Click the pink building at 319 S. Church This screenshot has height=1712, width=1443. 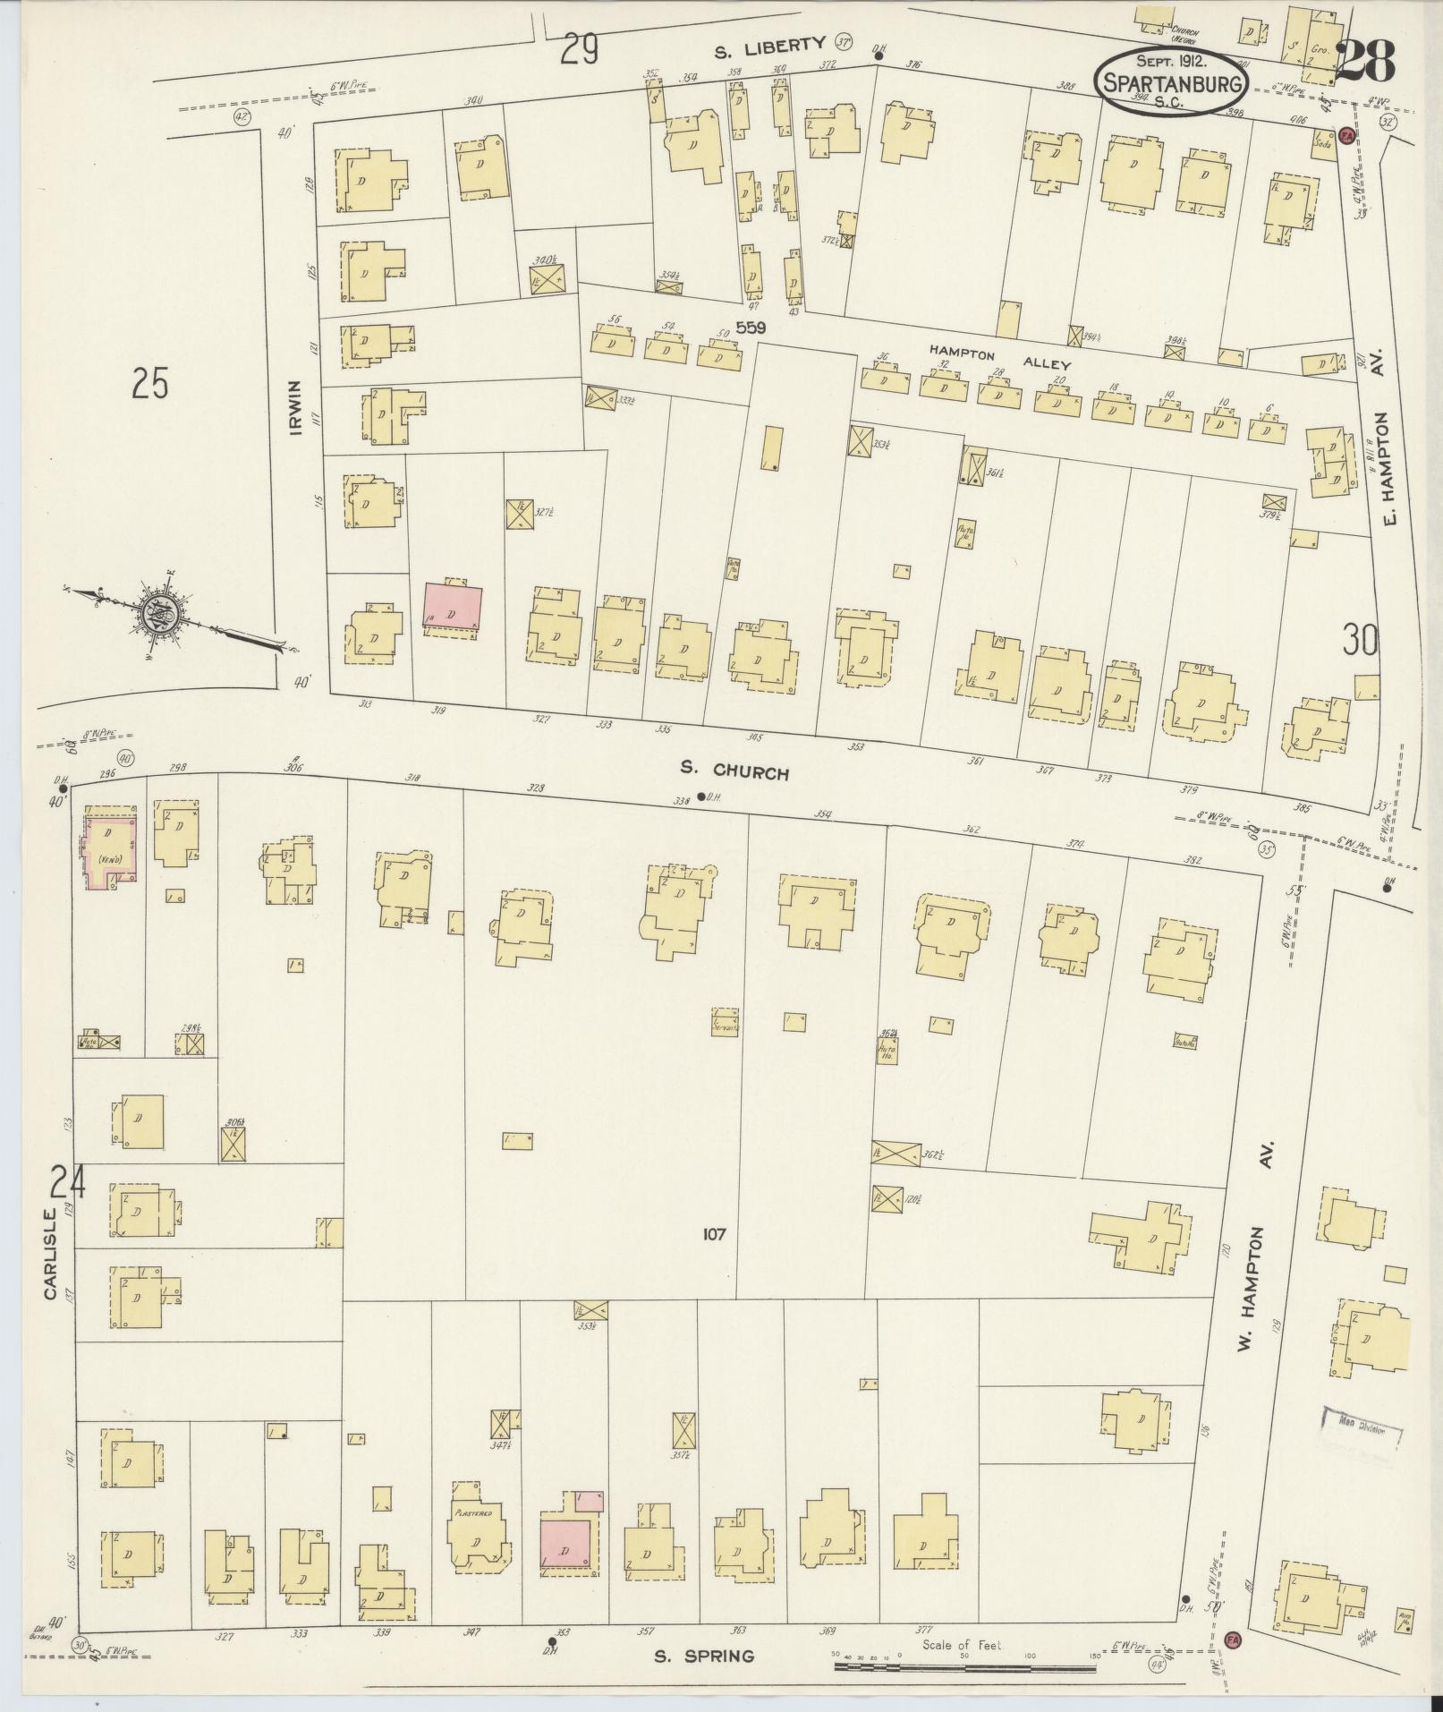pos(453,609)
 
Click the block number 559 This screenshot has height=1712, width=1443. pos(751,328)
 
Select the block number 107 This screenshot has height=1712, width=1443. pos(714,1235)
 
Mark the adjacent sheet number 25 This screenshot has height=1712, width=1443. pos(150,384)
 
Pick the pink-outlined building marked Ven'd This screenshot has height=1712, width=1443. pos(112,847)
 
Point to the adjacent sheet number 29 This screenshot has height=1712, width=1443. pos(579,50)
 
